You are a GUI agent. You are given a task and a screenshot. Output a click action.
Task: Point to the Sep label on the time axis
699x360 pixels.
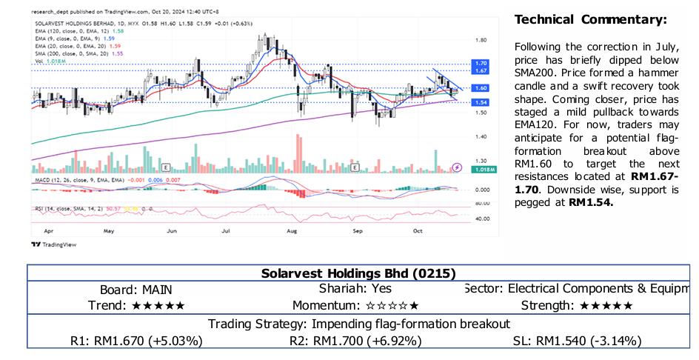point(358,231)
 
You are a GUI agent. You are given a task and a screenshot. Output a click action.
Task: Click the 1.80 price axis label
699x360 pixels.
point(481,41)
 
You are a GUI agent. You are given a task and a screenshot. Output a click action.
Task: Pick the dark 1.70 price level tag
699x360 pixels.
point(481,64)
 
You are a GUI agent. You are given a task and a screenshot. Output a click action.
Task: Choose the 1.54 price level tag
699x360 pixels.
point(481,102)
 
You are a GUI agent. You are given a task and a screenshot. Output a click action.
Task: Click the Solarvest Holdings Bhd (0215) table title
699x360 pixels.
point(358,273)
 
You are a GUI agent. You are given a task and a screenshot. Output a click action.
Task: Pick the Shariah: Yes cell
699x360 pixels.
point(355,289)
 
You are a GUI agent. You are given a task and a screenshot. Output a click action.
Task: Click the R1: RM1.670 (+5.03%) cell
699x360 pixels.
point(136,341)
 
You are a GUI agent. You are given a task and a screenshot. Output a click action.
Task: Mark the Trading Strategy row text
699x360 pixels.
point(358,324)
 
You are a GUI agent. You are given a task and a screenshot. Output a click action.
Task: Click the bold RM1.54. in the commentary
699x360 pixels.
point(592,202)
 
